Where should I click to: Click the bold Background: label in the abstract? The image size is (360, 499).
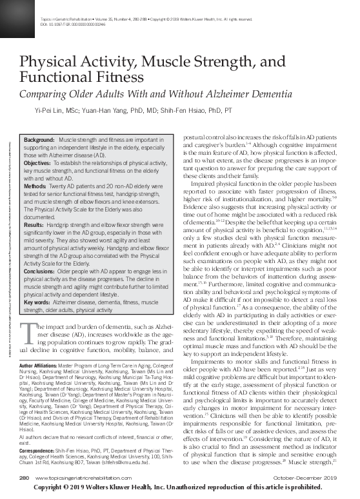(39, 140)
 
